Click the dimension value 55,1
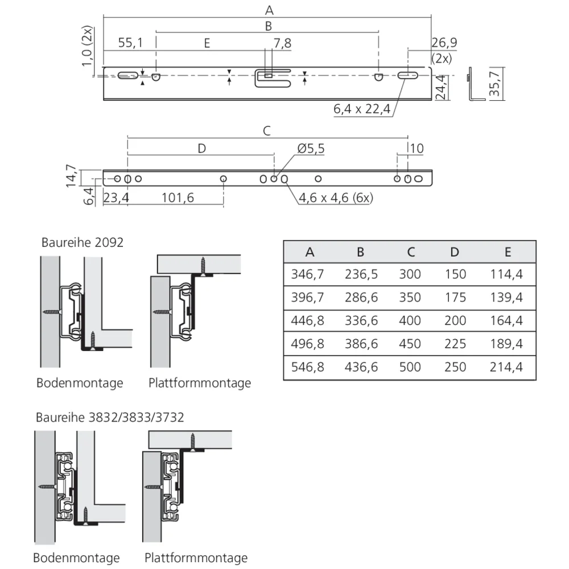130,43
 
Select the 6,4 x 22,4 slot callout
362,108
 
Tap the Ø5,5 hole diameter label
311,149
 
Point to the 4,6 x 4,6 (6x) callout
336,198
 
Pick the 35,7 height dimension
494,84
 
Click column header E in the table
508,252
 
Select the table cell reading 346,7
307,274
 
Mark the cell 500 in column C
411,367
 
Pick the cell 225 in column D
455,344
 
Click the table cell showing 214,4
506,367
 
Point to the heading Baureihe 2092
83,242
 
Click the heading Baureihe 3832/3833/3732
110,417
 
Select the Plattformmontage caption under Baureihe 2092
200,383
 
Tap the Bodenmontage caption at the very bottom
76,558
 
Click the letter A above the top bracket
269,10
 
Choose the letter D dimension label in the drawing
201,149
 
